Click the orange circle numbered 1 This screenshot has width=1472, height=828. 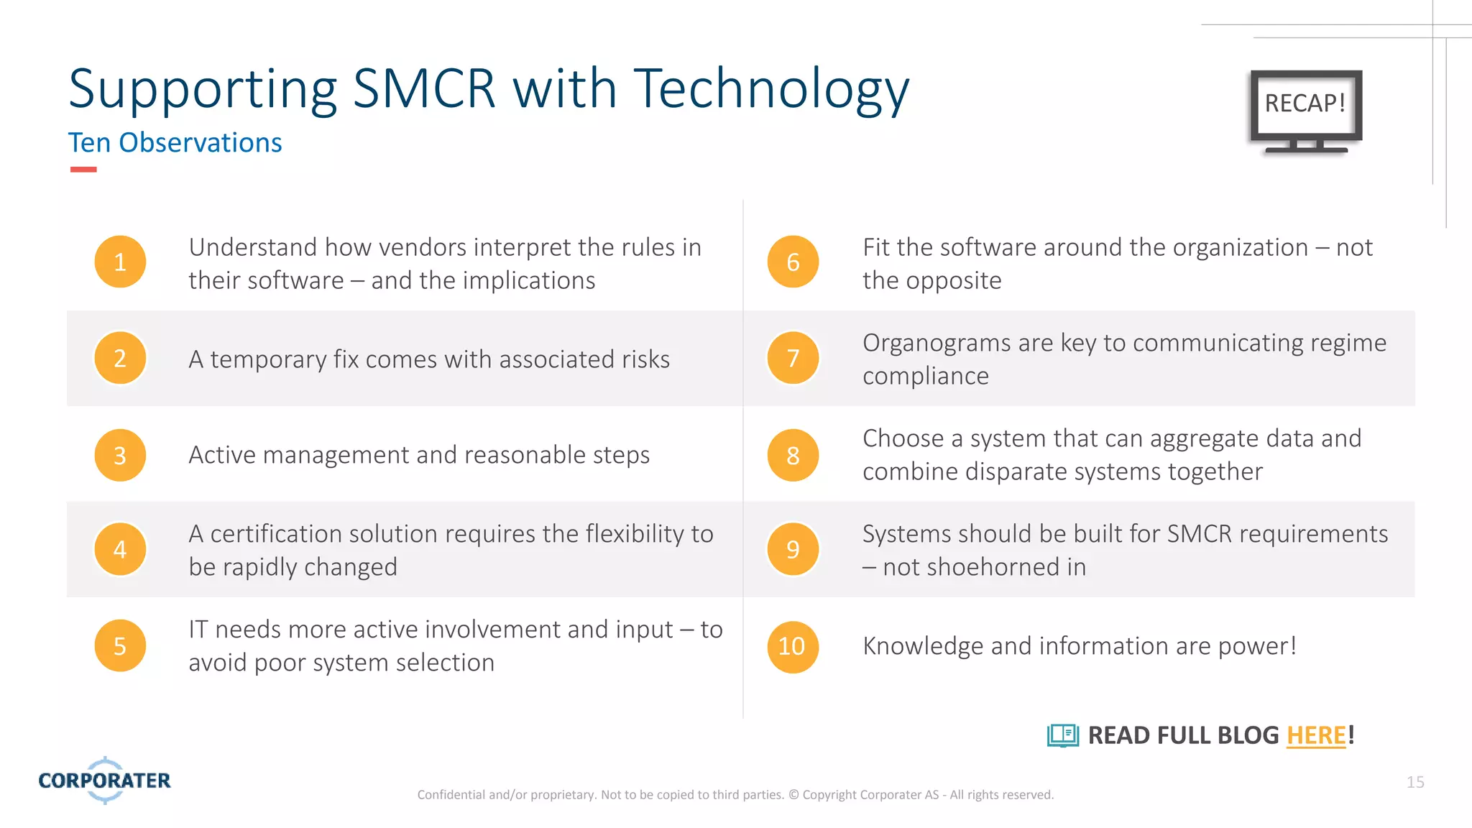(x=120, y=262)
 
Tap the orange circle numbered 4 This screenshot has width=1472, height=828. (x=120, y=550)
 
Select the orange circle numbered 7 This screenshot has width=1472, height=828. (x=793, y=358)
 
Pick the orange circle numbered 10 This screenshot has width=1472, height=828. (x=792, y=647)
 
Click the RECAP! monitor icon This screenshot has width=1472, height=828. (x=1305, y=110)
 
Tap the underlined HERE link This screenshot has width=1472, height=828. (x=1316, y=736)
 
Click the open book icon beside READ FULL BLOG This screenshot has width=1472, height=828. (x=1063, y=736)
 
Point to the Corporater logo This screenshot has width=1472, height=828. (x=105, y=781)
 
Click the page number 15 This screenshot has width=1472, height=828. (x=1415, y=782)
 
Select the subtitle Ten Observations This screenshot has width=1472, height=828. (x=175, y=143)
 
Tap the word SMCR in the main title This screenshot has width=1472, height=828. (x=424, y=90)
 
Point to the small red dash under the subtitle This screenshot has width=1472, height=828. (x=83, y=170)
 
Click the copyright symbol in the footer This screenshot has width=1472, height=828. (x=793, y=795)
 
